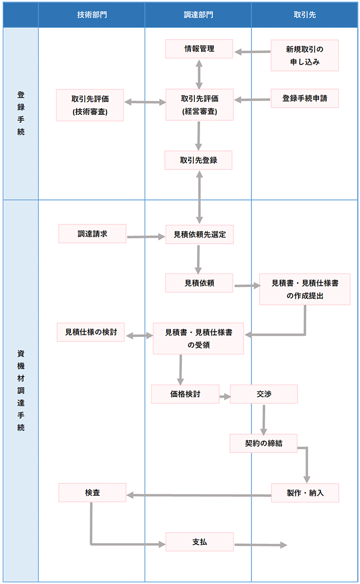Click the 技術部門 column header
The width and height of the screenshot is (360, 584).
coord(92,14)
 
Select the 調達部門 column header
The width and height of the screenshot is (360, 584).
coord(198,14)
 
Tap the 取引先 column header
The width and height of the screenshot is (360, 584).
coord(304,14)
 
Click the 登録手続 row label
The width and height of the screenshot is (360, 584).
coord(21,113)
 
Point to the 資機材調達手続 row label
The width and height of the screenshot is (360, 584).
coord(21,390)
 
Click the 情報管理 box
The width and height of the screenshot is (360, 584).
coord(199,49)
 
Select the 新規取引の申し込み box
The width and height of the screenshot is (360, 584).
coord(305,55)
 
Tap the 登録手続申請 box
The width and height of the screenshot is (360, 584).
coord(304,98)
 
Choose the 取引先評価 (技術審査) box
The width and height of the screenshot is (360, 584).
coord(90,104)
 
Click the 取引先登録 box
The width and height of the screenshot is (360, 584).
coord(199,160)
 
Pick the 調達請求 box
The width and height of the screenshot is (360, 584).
coord(92,233)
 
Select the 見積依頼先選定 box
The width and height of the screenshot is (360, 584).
coord(199,234)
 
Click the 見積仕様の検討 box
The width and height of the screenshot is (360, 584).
coord(91,332)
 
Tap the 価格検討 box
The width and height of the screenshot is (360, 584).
coord(185,394)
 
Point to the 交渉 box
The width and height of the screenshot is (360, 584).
coord(264,394)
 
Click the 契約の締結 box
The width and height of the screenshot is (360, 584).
coord(264,443)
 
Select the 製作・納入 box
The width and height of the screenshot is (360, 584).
coord(305,492)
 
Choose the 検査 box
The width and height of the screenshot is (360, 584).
coord(92,492)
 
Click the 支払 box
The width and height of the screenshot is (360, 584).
coord(199,542)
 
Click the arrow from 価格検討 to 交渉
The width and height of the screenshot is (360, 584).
coord(224,395)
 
